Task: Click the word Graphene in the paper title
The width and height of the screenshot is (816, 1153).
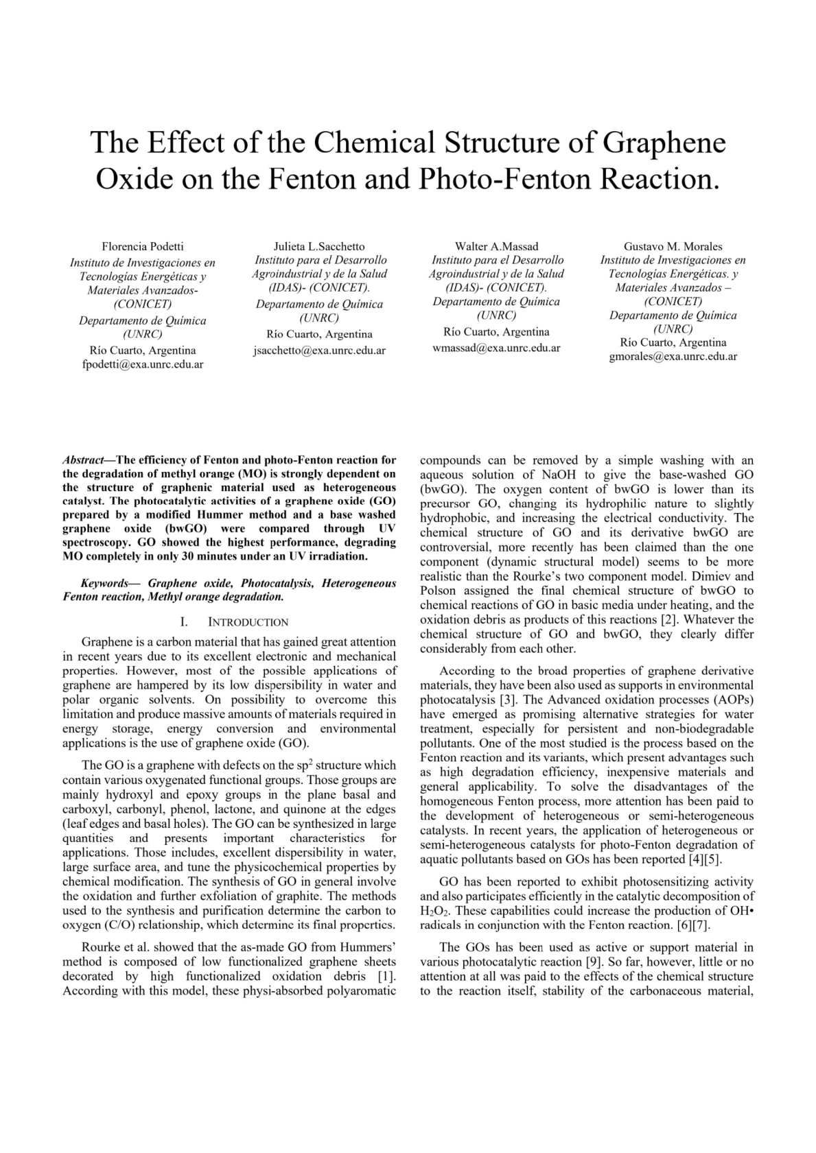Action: [x=664, y=143]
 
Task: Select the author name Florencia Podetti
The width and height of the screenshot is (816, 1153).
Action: [x=143, y=246]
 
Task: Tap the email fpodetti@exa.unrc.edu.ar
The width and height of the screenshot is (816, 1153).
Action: [x=143, y=364]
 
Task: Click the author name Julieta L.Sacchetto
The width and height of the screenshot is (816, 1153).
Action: [x=319, y=246]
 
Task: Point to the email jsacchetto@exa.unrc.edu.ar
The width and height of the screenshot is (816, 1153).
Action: [x=319, y=350]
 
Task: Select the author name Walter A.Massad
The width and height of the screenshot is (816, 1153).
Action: [x=497, y=246]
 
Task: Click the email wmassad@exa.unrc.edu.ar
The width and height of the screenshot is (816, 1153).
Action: [x=497, y=348]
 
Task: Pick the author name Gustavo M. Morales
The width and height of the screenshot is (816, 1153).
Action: [x=673, y=246]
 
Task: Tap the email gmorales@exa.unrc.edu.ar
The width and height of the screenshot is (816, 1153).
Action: [x=673, y=357]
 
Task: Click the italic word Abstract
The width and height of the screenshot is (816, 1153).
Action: [x=83, y=460]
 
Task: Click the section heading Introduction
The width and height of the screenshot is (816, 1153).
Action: [x=248, y=622]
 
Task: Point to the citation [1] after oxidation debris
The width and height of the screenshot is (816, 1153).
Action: [x=387, y=976]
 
